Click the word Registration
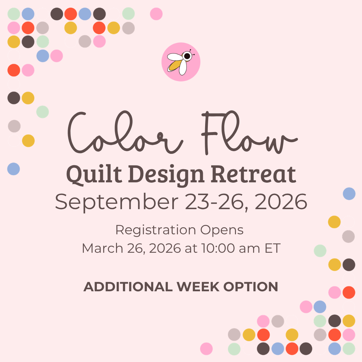click(x=156, y=230)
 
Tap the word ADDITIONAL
click(x=128, y=287)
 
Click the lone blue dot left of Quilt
click(x=13, y=169)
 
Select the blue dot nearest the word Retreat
click(x=349, y=194)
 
